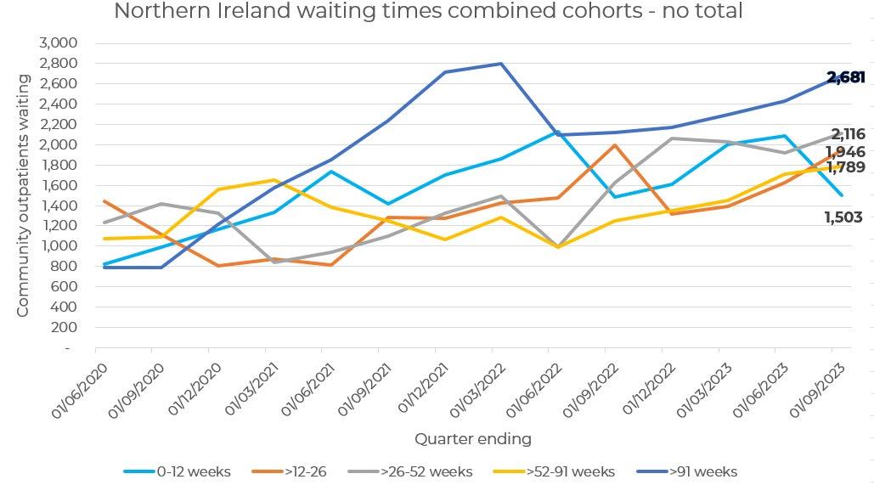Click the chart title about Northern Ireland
(428, 12)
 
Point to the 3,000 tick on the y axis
(59, 43)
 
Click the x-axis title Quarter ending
(472, 439)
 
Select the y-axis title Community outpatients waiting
(23, 195)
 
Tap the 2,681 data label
(846, 78)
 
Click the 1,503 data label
(844, 218)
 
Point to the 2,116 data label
(848, 134)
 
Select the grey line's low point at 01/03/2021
(274, 262)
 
